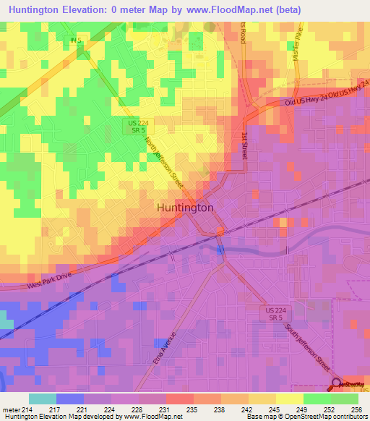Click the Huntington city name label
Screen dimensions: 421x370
[185, 207]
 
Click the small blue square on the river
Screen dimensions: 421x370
[220, 250]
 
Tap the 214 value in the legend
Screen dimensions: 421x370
[27, 409]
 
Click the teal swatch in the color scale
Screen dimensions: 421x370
[42, 399]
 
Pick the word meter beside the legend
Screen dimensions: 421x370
[10, 409]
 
